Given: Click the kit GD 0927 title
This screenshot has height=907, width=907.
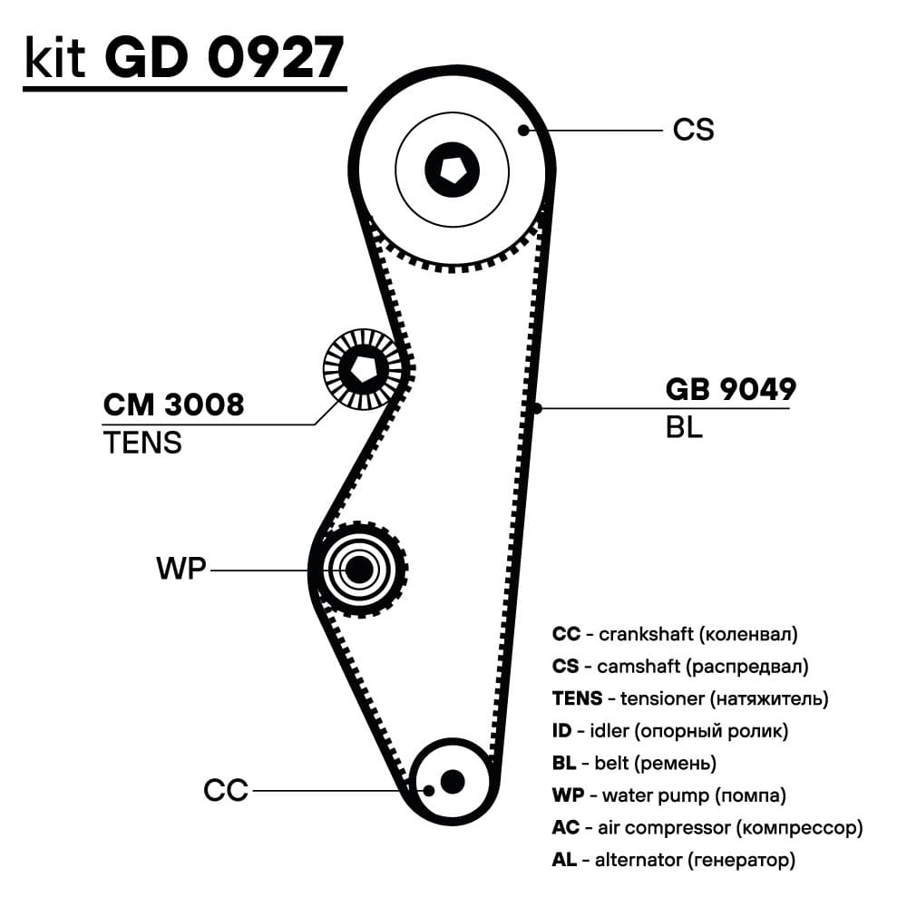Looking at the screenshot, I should tap(184, 57).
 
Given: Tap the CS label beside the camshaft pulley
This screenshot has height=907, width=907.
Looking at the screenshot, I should tap(693, 130).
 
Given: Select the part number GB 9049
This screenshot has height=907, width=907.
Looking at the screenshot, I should tap(730, 390).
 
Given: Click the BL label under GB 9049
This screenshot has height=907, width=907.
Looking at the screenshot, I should tap(684, 427).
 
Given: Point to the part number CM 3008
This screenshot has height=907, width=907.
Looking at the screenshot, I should tap(173, 405).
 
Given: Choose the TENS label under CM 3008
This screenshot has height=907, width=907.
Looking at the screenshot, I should tap(142, 443).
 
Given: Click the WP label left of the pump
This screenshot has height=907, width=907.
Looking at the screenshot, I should tap(181, 570).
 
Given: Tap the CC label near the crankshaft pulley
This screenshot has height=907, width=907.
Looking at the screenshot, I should tap(226, 791).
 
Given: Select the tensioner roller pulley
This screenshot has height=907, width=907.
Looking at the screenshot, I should tap(363, 367).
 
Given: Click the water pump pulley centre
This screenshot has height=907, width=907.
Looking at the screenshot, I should tap(360, 570).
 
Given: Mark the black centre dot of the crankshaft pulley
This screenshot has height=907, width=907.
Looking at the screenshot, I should tap(451, 781).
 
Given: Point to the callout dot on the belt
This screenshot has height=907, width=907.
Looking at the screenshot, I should tap(537, 408).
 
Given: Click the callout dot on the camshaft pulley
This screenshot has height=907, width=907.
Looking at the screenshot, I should tap(523, 131).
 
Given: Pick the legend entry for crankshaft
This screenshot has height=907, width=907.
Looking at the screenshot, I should tap(675, 634).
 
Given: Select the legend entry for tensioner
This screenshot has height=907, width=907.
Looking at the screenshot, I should tap(689, 698).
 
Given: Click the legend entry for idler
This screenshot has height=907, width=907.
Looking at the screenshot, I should tap(669, 731).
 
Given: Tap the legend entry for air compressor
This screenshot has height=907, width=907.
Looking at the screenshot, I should tap(707, 828).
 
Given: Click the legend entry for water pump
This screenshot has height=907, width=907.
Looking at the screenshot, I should tap(668, 795).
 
